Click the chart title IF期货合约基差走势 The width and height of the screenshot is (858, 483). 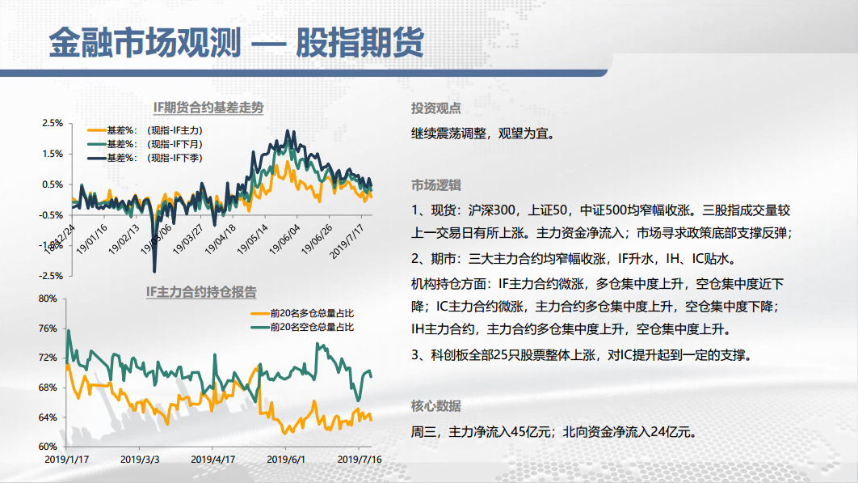[208, 108]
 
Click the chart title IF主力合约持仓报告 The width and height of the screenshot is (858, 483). [201, 292]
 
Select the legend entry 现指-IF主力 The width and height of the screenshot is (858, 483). [145, 130]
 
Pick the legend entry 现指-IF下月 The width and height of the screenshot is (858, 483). [145, 144]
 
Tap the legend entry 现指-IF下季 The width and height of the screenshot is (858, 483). [145, 158]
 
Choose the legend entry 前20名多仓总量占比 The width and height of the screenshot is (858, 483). [302, 314]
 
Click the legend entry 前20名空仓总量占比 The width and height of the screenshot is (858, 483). [302, 328]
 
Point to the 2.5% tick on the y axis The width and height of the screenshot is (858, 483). [53, 123]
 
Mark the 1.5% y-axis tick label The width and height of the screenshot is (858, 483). [53, 154]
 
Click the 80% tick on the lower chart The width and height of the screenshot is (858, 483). [48, 299]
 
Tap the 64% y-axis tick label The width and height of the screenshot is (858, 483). [48, 417]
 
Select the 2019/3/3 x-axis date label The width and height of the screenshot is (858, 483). [140, 460]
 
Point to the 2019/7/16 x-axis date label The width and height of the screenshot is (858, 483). [360, 460]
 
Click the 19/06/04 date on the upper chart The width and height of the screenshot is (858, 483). [284, 239]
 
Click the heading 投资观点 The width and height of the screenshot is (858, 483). [436, 108]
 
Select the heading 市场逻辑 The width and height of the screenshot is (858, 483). [436, 185]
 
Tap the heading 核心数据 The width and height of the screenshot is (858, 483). [436, 406]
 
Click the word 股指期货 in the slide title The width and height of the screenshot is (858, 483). [360, 42]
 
